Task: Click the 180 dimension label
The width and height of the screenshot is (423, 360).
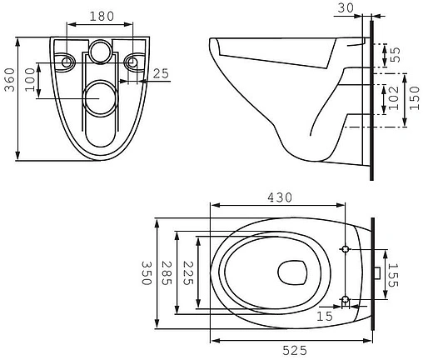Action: coord(102,17)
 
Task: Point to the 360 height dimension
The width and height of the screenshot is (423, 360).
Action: coord(10,80)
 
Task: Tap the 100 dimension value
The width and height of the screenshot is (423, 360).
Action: coord(30,80)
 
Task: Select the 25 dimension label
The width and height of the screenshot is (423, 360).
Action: coord(161,73)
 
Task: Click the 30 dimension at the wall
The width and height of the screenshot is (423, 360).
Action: coord(346,8)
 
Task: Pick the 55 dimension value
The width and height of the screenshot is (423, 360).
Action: coord(396,55)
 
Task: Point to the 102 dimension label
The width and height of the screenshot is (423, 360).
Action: coord(393,97)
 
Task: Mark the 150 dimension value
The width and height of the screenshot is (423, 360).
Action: coord(415,97)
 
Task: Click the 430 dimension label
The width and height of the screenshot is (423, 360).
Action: coord(280,197)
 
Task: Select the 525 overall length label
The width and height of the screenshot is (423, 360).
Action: coord(295,351)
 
